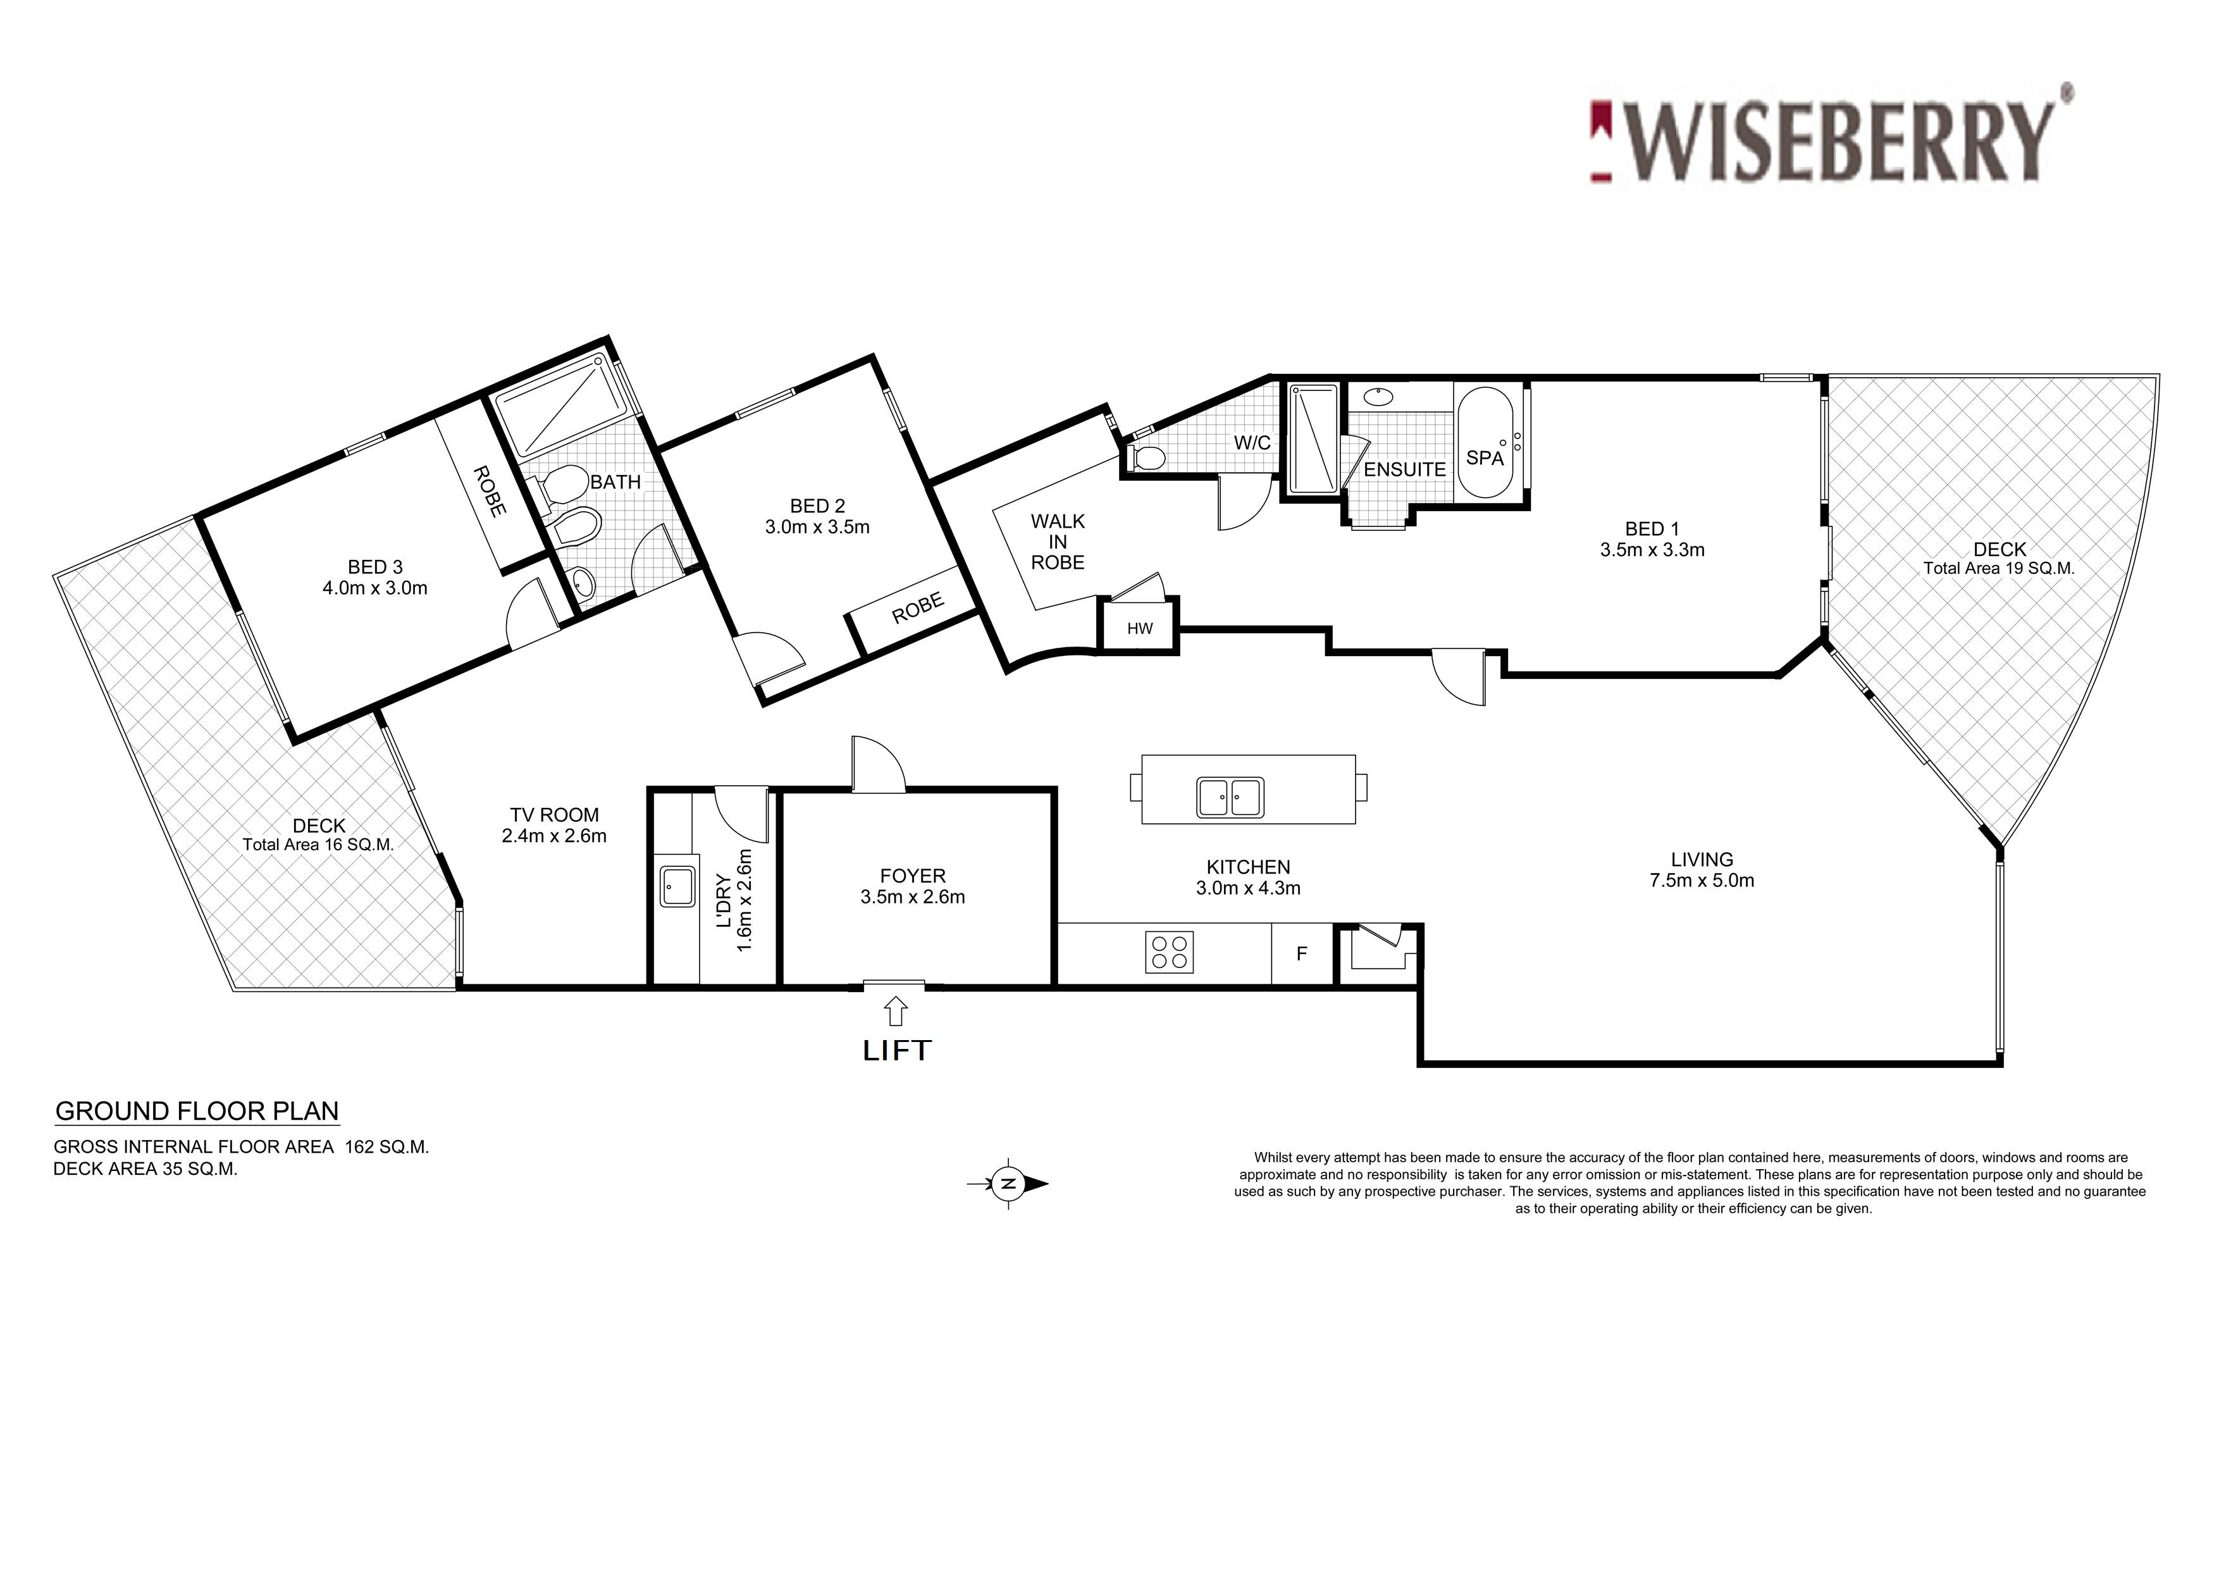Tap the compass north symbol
point(1008,1183)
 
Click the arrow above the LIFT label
point(896,1010)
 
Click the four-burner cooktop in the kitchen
point(1170,952)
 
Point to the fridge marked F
point(1301,953)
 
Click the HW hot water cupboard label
point(1140,628)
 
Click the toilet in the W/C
point(1146,457)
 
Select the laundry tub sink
point(677,886)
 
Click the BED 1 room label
point(1652,529)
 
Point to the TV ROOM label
point(555,815)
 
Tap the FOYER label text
point(912,876)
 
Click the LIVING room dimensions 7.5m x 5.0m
point(1702,881)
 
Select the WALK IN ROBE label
point(1057,542)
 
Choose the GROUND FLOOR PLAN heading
point(197,1111)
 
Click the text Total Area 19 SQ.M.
point(1999,568)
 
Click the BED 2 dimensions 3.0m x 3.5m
point(818,527)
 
